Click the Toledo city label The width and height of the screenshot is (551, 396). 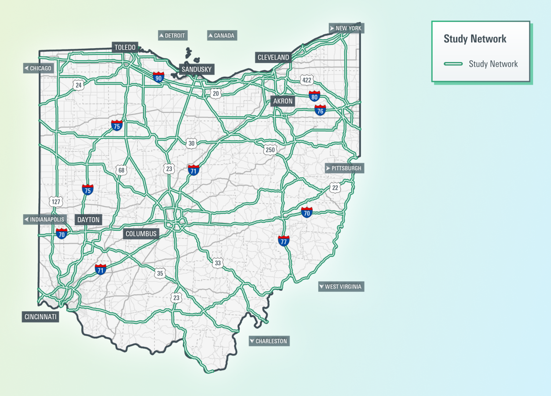point(125,47)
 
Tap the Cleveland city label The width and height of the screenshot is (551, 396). point(273,57)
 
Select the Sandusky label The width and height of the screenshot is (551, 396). point(196,69)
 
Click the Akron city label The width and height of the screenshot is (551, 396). point(283,101)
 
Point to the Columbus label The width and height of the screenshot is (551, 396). point(141,234)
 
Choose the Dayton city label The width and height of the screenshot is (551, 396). point(88,219)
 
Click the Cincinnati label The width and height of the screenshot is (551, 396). point(40,317)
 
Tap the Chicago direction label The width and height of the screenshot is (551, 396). point(38,68)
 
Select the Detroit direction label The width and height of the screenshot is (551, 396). point(172,35)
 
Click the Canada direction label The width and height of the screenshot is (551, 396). point(222,35)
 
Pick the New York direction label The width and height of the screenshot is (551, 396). point(346,28)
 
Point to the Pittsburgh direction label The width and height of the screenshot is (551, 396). point(344,168)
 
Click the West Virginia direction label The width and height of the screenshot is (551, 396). point(341,286)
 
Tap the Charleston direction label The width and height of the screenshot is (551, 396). point(269,341)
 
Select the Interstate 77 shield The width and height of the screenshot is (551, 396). point(283,241)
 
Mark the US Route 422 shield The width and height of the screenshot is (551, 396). point(307,80)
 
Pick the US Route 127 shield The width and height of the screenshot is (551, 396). point(56,202)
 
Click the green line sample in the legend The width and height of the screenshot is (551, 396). point(453,64)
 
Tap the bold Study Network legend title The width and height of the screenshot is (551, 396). point(475,39)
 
